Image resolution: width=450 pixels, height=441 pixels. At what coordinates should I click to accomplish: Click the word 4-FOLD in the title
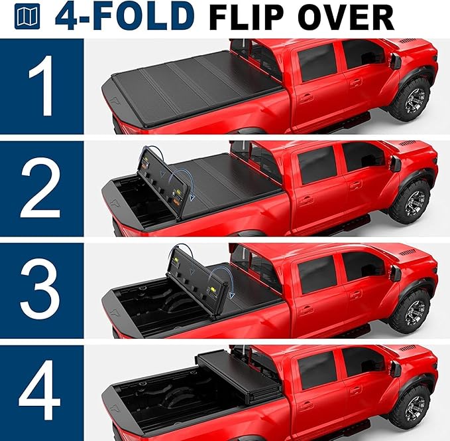125,17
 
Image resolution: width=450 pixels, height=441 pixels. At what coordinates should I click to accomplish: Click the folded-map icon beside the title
32,18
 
